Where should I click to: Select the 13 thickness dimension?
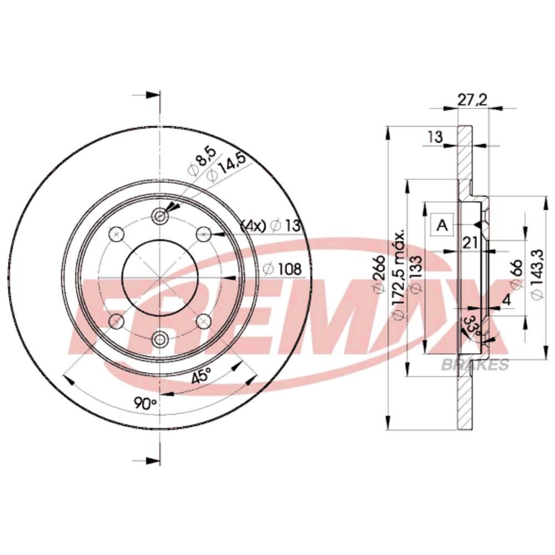click(x=435, y=137)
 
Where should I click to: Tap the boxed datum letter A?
click(x=442, y=225)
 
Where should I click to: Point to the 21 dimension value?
click(x=471, y=243)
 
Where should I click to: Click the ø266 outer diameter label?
click(x=380, y=274)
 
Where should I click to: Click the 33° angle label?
click(x=472, y=325)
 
